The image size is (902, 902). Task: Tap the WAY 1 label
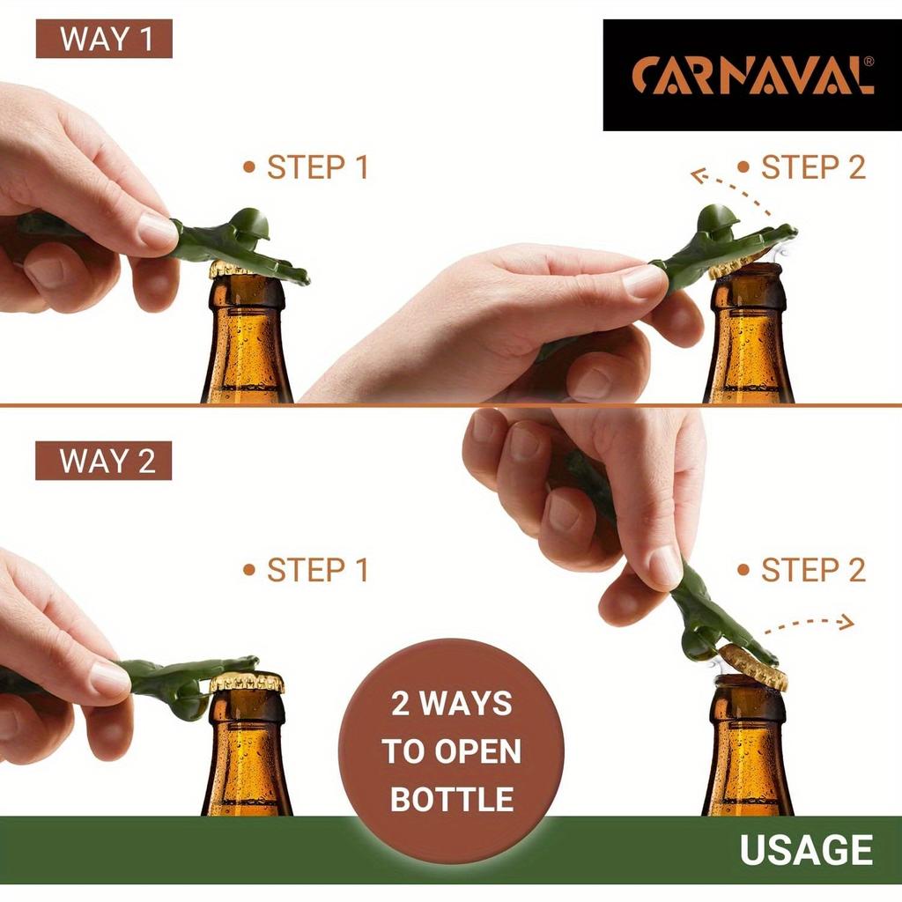(104, 39)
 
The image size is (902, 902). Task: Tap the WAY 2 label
(104, 461)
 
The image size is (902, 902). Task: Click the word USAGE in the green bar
(806, 849)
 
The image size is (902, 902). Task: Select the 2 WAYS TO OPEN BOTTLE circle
(451, 750)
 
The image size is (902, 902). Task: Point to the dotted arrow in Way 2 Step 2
(809, 625)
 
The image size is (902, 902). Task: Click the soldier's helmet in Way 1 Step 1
(250, 224)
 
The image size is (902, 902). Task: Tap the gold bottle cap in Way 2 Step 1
(247, 681)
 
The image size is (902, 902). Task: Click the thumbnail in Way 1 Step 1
(158, 230)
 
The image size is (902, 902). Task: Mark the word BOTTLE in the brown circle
(451, 799)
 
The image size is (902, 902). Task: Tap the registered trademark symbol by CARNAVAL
(869, 62)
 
